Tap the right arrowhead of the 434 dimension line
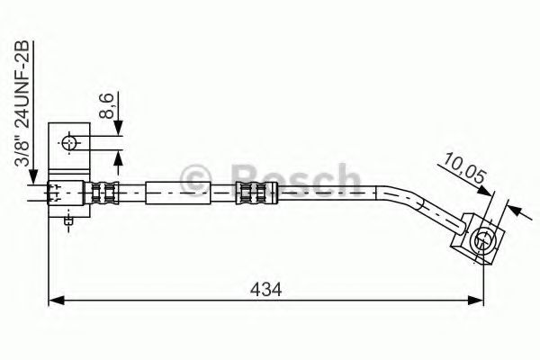tap(481, 300)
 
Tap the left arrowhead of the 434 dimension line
tap(52, 300)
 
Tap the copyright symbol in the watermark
tap(195, 178)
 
